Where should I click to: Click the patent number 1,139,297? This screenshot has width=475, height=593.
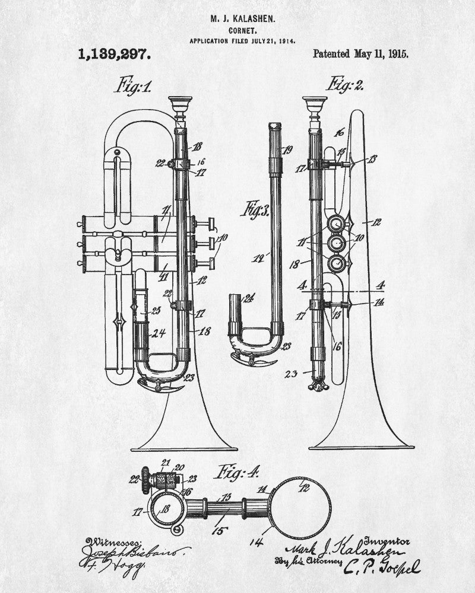pos(114,55)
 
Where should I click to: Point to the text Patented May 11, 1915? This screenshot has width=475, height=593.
pos(360,54)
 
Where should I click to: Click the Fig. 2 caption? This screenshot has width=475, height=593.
pos(346,84)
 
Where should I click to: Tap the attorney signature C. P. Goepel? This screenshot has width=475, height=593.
pos(381,567)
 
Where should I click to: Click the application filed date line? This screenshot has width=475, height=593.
pos(242,41)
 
